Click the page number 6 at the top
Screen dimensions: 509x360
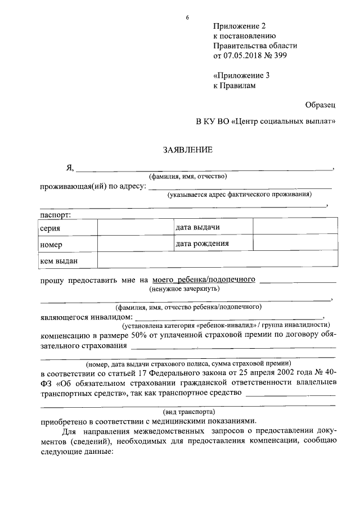(187, 17)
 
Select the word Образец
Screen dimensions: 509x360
(321, 105)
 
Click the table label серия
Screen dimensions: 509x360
(50, 228)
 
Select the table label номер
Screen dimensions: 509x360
(51, 245)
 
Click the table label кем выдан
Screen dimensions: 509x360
(58, 260)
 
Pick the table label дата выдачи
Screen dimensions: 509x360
(197, 227)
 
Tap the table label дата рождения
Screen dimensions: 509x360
(202, 244)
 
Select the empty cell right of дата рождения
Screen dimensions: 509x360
(295, 244)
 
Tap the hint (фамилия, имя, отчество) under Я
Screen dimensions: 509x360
(188, 177)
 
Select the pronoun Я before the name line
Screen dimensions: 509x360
(70, 167)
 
